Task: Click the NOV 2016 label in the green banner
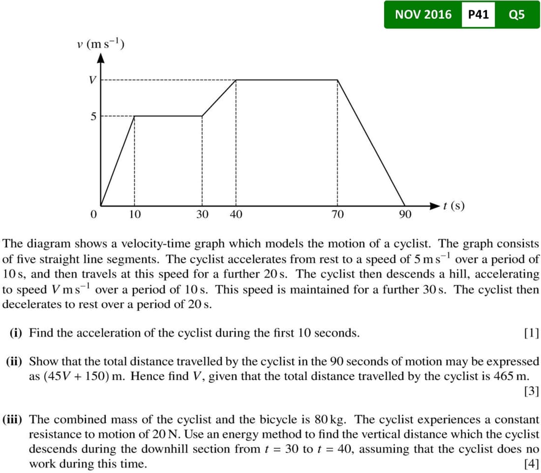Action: pyautogui.click(x=423, y=15)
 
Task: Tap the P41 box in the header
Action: pyautogui.click(x=478, y=15)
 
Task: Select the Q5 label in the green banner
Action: pyautogui.click(x=517, y=15)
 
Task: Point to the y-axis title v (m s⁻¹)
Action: pyautogui.click(x=100, y=44)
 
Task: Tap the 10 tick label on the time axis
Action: pyautogui.click(x=135, y=215)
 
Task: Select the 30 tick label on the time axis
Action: pyautogui.click(x=202, y=215)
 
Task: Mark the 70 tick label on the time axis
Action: pyautogui.click(x=337, y=215)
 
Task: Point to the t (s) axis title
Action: pyautogui.click(x=453, y=206)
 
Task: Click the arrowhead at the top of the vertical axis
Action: pyautogui.click(x=101, y=58)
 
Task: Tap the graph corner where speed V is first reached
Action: pyautogui.click(x=237, y=79)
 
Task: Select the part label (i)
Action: pyautogui.click(x=18, y=333)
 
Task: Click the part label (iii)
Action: pyautogui.click(x=15, y=420)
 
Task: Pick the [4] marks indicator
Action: pyautogui.click(x=531, y=464)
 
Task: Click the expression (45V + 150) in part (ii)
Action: pyautogui.click(x=79, y=377)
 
